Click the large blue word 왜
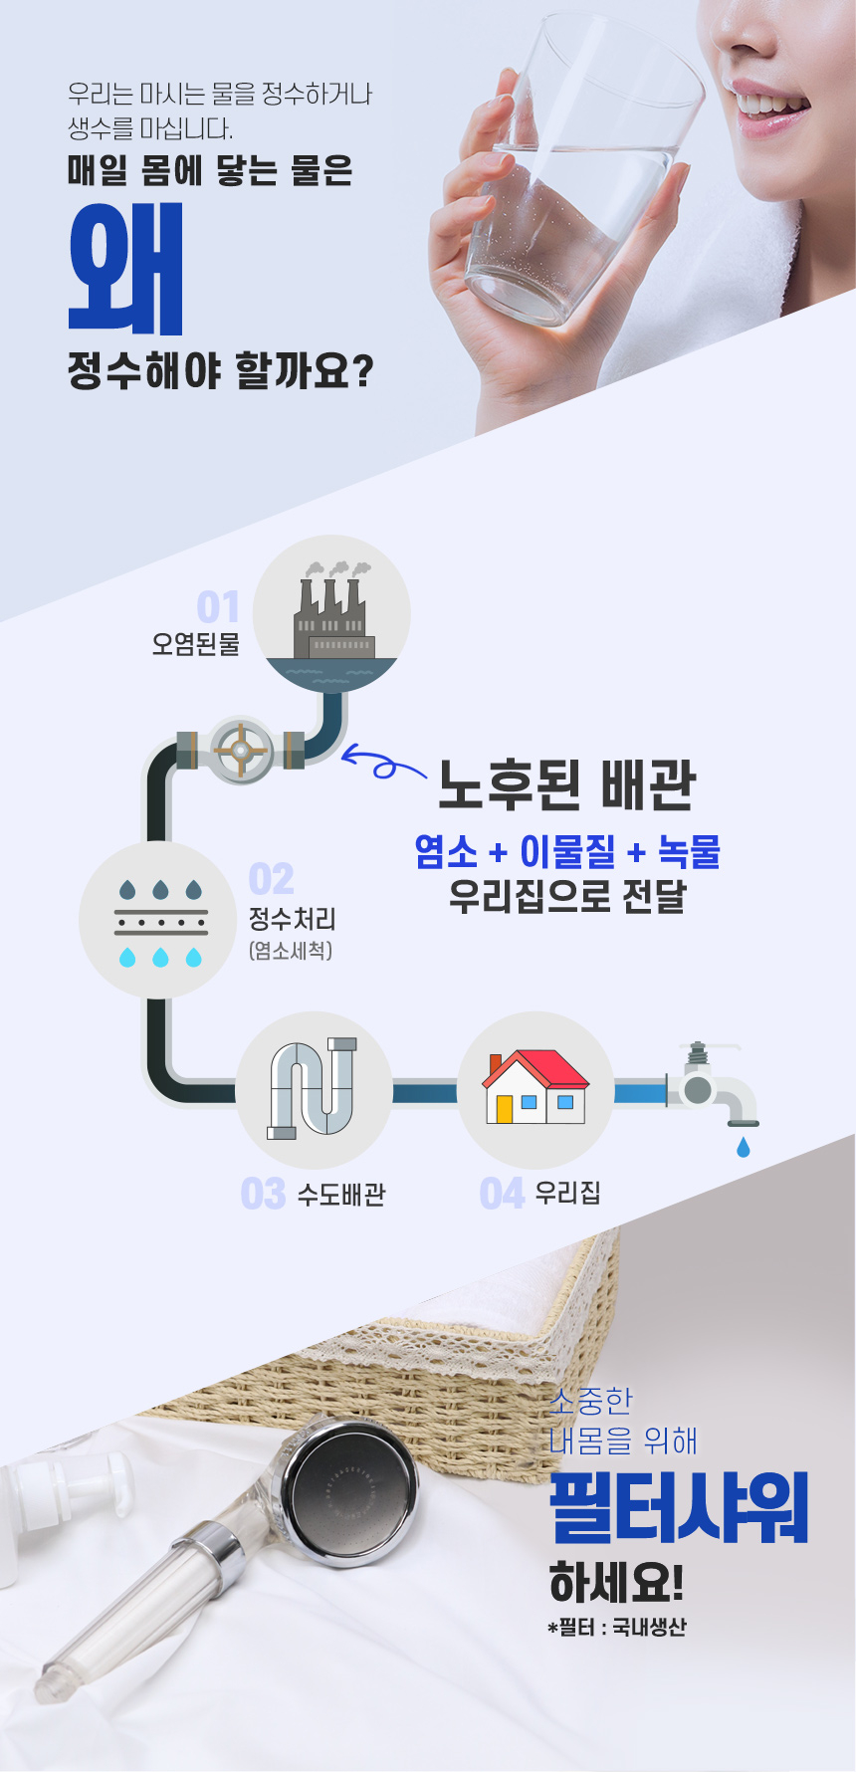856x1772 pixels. coord(126,268)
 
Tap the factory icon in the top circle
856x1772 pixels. coord(332,612)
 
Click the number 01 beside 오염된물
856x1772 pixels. coord(218,606)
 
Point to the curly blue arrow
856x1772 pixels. coord(381,765)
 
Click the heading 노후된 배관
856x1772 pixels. coord(566,785)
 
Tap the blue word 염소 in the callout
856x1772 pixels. coord(446,851)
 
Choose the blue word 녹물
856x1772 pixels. coord(689,851)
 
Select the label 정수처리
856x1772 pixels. coord(292,918)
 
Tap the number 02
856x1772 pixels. coord(271,880)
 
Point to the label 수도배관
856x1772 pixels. coord(341,1195)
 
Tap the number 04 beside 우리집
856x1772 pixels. coord(502,1193)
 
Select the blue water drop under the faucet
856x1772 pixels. coord(743,1148)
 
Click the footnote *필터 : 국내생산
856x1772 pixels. coord(616,1627)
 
